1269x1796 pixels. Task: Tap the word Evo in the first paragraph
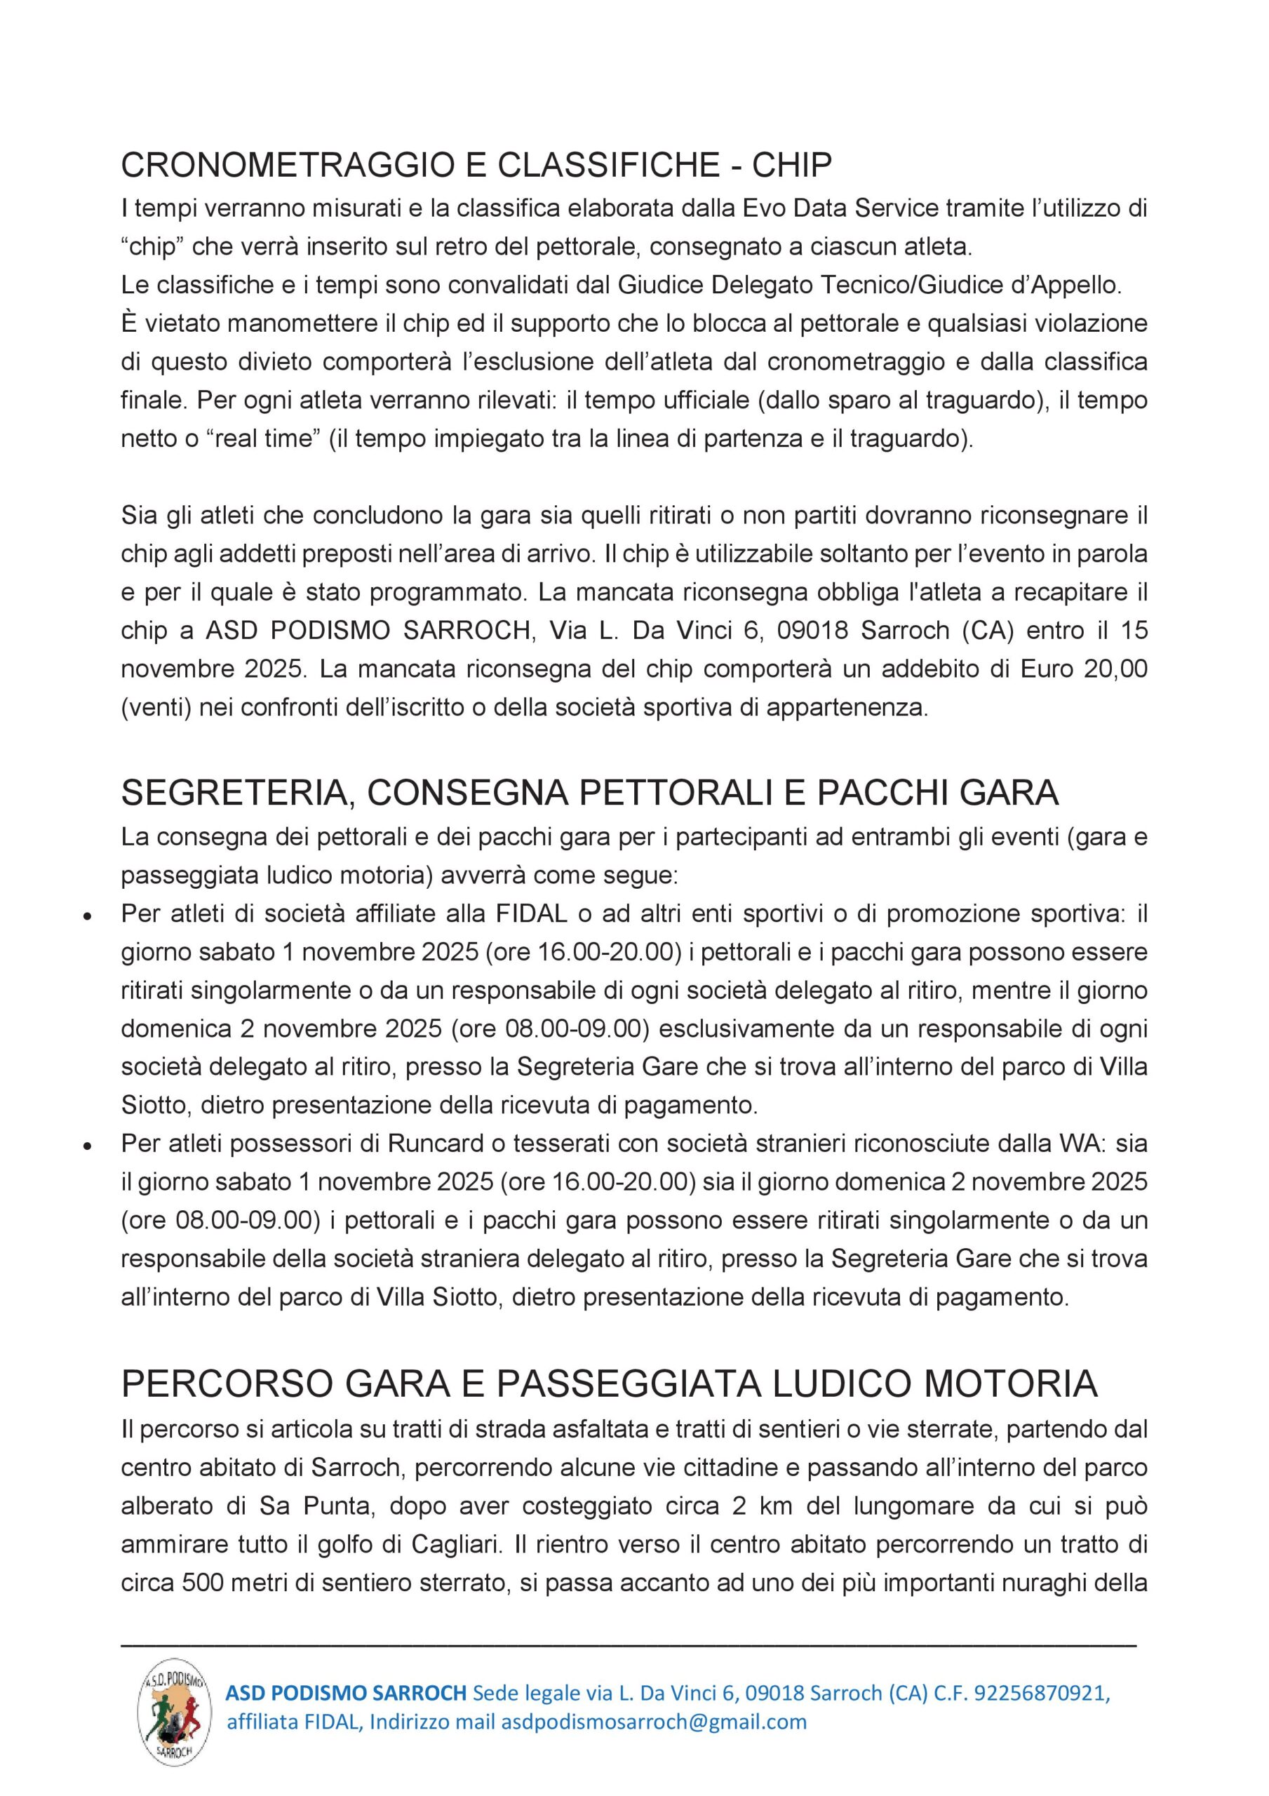(x=765, y=209)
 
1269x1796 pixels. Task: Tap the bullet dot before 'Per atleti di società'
(x=89, y=916)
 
